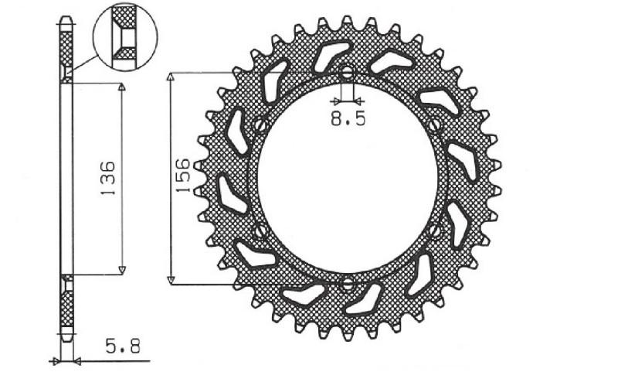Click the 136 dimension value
click(x=107, y=178)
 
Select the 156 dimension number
click(x=183, y=176)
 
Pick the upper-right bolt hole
click(x=435, y=125)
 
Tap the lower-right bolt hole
click(x=435, y=230)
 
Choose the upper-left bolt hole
click(x=260, y=125)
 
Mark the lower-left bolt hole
click(x=260, y=230)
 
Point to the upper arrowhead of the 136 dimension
click(x=121, y=88)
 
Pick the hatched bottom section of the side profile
click(x=67, y=309)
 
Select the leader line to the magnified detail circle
click(x=85, y=65)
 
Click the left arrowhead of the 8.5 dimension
click(x=336, y=101)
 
